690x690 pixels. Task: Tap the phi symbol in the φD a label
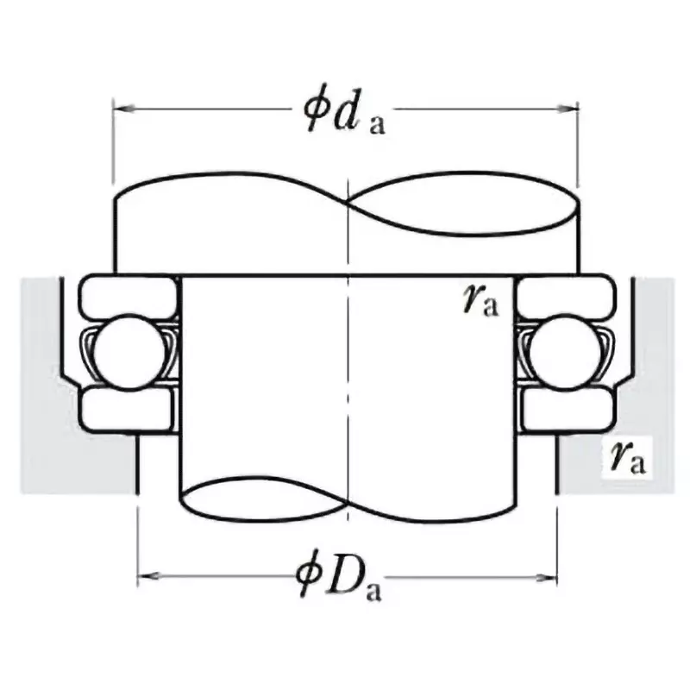coord(308,573)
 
